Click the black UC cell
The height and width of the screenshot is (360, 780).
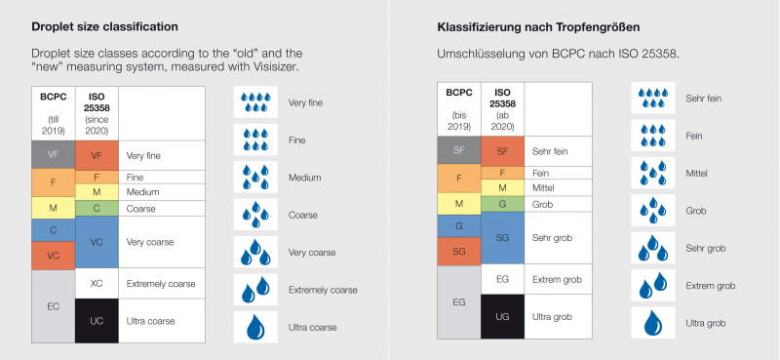(97, 321)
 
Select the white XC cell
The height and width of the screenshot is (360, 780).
(97, 283)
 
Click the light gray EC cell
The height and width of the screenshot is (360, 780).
(53, 305)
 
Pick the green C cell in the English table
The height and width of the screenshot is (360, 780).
(97, 208)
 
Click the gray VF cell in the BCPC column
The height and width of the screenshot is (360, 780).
(53, 154)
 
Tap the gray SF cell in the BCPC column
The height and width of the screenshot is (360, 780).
(458, 150)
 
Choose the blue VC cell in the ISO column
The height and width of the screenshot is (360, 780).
(97, 240)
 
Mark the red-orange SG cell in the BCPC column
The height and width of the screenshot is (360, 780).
(458, 251)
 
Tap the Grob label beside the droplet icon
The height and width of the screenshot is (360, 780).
(698, 210)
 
